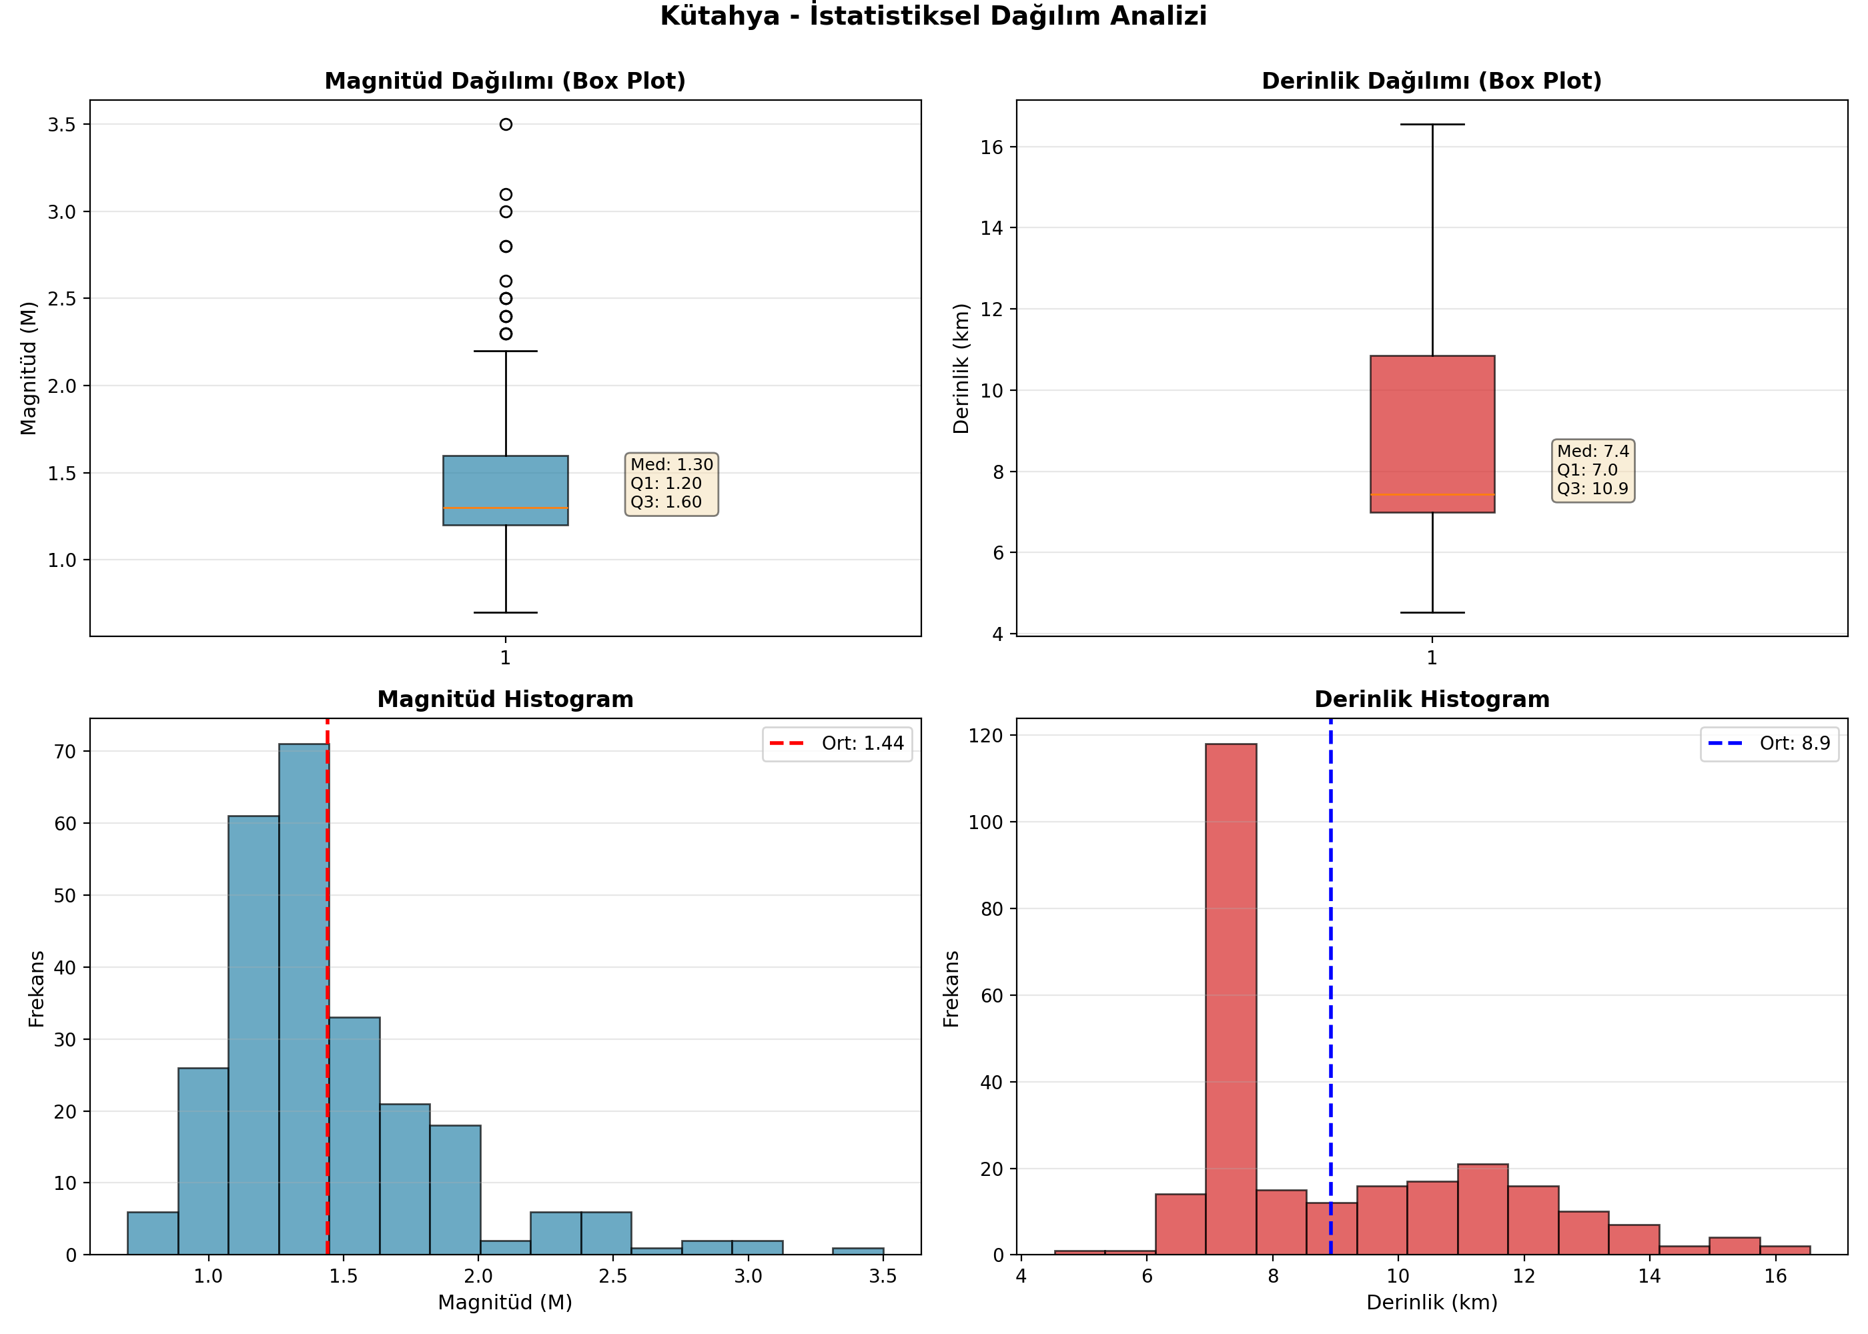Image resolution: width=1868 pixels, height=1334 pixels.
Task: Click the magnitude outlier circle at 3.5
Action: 506,125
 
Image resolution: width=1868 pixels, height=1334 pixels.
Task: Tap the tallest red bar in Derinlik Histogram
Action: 1231,999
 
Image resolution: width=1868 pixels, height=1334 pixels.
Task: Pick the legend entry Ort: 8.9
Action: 1769,744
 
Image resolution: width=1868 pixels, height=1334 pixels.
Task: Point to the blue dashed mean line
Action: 1331,986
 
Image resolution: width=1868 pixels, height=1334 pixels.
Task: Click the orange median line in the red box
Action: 1432,494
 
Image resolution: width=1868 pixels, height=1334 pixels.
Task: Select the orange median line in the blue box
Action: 506,508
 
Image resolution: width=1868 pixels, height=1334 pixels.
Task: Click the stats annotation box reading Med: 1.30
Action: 672,484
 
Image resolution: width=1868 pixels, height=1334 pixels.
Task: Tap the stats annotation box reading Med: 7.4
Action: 1593,470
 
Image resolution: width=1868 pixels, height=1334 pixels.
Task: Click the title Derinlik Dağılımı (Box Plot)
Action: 1432,81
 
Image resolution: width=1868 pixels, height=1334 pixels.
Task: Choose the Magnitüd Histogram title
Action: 505,699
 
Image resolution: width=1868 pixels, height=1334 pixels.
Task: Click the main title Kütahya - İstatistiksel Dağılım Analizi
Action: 934,15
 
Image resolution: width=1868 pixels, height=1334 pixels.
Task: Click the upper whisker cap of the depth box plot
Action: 1432,125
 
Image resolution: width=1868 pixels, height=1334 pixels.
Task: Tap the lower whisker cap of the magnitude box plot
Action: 506,613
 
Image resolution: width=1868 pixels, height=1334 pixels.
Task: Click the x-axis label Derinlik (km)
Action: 1432,1303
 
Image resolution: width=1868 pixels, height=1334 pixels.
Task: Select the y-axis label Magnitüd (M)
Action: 29,368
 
